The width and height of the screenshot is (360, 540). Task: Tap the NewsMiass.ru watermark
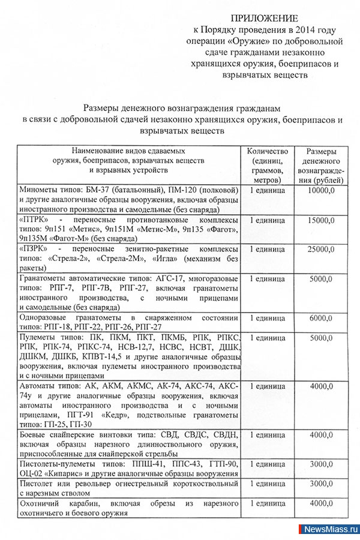329,531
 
